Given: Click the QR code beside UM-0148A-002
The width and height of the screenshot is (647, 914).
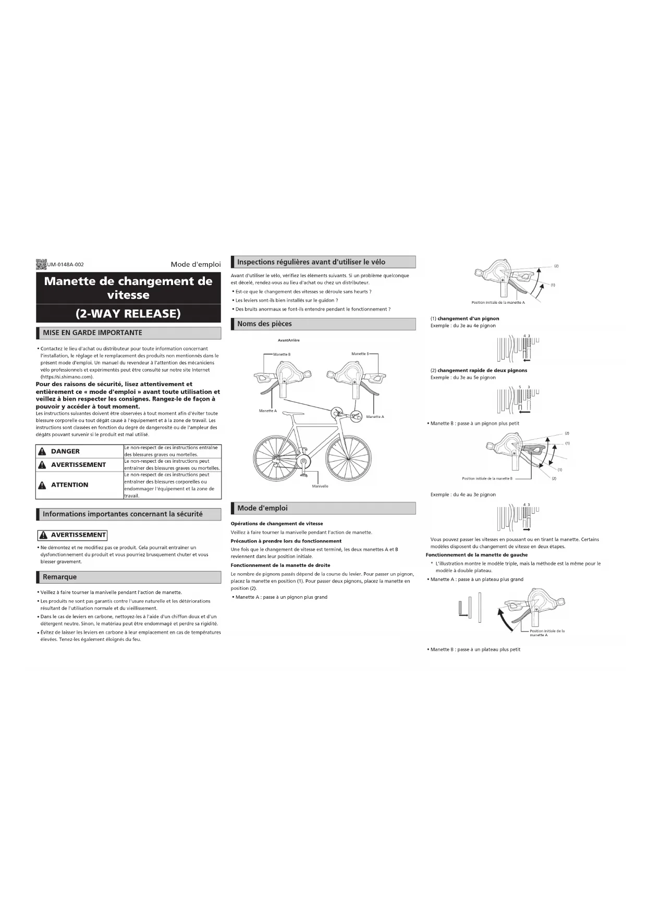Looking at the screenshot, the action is point(41,264).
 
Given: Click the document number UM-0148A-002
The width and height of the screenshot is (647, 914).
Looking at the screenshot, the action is point(66,265).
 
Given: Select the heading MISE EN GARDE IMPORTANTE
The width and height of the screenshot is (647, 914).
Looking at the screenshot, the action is point(92,333).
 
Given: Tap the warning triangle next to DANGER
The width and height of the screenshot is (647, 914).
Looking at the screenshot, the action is point(42,451).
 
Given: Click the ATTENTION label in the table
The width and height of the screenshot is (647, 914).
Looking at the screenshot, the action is point(69,485).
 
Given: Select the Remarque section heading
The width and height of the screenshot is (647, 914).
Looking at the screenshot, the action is point(59,577).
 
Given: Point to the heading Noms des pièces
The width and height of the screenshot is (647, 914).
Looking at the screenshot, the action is point(264,324).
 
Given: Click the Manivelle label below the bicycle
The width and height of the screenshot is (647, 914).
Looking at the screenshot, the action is point(320,486).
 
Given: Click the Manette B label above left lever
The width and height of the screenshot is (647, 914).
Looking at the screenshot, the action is point(282,354).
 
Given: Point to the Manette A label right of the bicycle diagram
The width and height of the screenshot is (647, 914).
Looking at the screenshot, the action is point(375,417).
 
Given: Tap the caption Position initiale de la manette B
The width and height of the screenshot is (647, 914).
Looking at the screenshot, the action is point(487,478).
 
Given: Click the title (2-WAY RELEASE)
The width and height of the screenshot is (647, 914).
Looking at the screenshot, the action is point(128,314).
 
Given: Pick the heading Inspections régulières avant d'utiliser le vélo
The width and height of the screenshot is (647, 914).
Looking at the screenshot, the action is point(311,262).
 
